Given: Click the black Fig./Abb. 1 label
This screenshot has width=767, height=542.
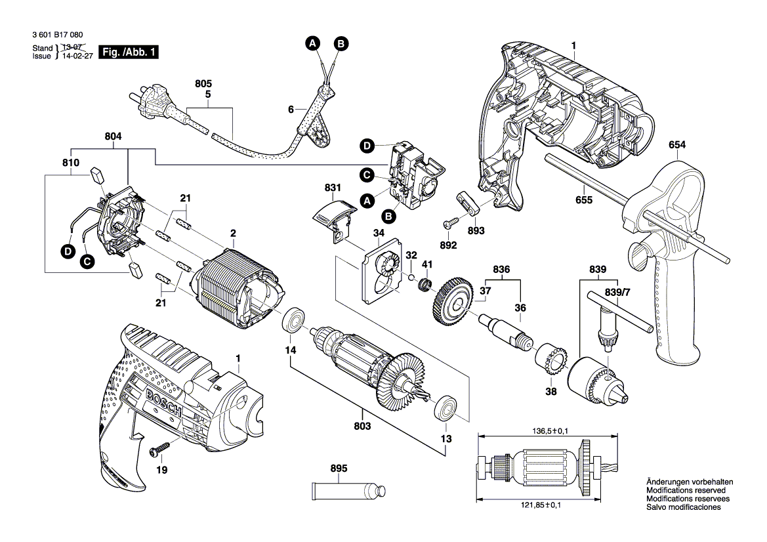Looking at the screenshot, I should coord(129,52).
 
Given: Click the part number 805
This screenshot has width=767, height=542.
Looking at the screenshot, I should coord(204,84).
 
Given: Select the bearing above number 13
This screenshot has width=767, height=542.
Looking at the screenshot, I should coord(446,407).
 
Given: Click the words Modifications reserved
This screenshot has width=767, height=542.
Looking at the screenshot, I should coord(686,490).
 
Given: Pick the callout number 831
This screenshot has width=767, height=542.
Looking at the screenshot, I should coord(333,188).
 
